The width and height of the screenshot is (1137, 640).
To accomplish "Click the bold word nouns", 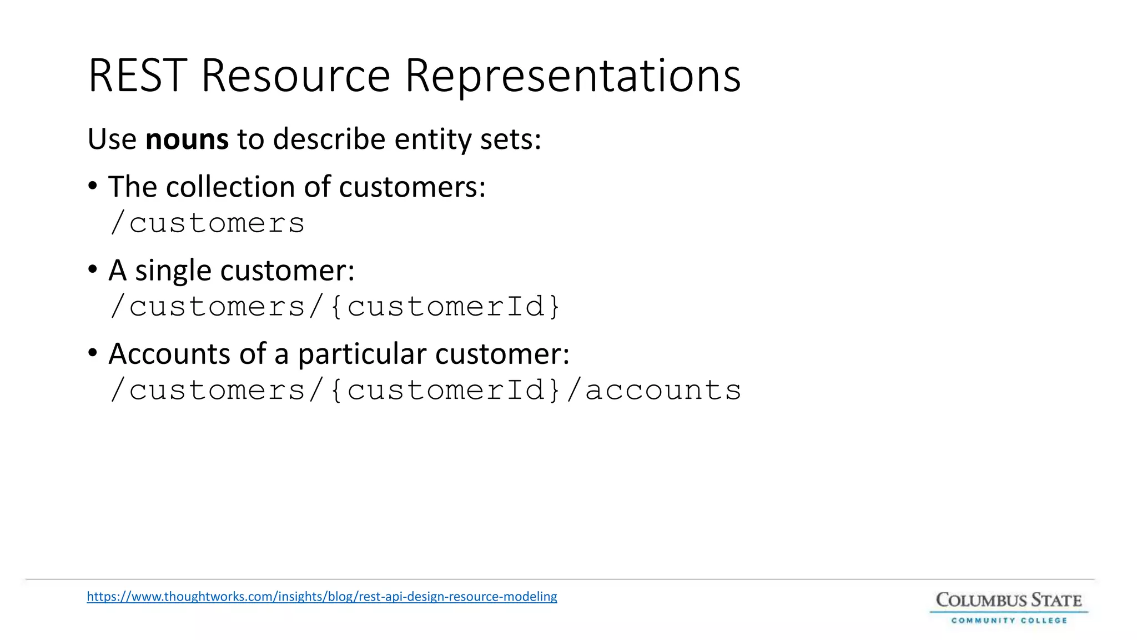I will (187, 139).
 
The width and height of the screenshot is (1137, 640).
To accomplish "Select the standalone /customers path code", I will (208, 223).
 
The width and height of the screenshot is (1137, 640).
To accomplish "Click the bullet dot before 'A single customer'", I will (93, 269).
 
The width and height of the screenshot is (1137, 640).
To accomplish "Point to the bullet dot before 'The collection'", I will (93, 186).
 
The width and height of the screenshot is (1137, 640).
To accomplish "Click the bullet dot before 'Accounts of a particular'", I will (93, 353).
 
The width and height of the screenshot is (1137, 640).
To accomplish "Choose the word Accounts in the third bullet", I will (169, 354).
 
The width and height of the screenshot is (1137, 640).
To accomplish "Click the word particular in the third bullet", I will (362, 354).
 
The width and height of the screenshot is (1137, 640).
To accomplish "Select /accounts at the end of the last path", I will (654, 390).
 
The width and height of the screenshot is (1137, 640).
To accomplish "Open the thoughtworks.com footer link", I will (322, 597).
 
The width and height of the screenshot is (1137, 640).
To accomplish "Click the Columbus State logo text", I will (1009, 601).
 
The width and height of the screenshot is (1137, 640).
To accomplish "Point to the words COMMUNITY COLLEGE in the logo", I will (1009, 621).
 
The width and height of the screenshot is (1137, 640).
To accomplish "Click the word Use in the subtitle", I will (112, 139).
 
